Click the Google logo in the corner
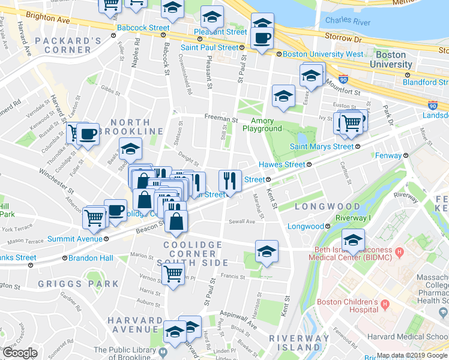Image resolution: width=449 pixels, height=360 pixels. (20, 353)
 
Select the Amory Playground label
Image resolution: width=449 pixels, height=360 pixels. (262, 125)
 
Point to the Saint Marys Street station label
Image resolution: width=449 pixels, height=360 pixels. (322, 146)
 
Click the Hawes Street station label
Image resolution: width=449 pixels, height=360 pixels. (284, 164)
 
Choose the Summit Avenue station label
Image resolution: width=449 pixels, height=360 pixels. (75, 239)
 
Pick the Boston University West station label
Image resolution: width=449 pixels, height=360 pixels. (323, 54)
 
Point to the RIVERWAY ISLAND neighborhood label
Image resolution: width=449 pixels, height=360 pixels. (298, 343)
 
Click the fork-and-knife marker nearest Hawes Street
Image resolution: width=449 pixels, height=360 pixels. (230, 180)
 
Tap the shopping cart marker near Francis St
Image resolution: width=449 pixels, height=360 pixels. (173, 274)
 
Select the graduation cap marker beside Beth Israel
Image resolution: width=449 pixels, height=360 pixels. (353, 241)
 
